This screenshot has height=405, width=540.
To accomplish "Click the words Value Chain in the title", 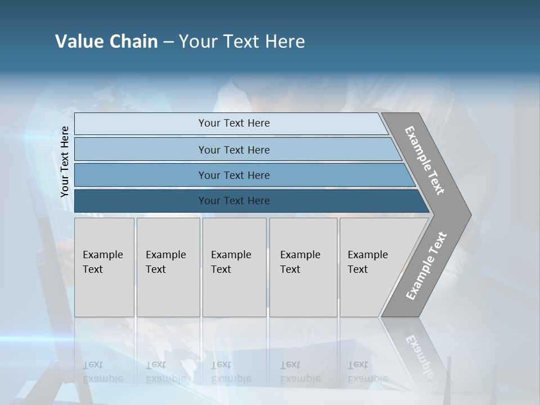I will [x=106, y=42].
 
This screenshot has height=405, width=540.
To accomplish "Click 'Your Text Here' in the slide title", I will [x=242, y=42].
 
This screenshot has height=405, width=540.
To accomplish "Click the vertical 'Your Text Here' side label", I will [x=65, y=162].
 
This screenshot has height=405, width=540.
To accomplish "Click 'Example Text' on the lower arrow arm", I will [x=426, y=266].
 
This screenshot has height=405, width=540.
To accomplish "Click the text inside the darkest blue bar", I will [x=234, y=201].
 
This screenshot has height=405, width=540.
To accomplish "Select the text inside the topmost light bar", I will [x=234, y=123].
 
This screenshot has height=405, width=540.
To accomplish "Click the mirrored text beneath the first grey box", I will [x=103, y=372].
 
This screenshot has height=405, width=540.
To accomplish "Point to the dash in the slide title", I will [x=168, y=42].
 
